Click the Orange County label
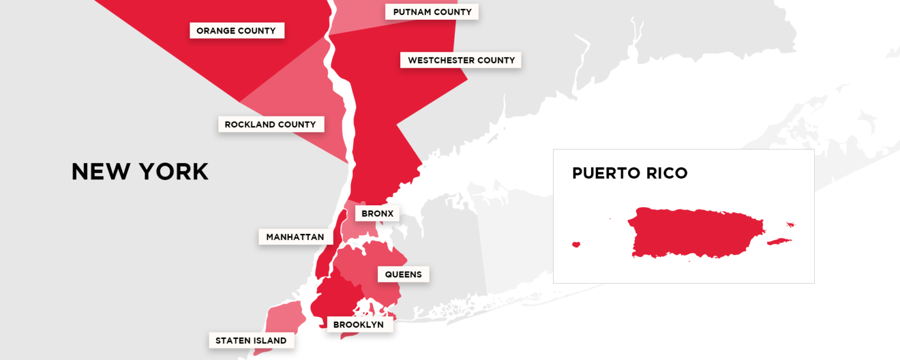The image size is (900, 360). (x=236, y=31)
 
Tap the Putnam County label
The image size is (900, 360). (x=432, y=12)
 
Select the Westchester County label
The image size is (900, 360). (x=461, y=60)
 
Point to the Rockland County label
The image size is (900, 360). (x=270, y=124)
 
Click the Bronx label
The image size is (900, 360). (x=377, y=213)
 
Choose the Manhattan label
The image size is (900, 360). (x=295, y=237)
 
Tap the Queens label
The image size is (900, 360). (x=403, y=275)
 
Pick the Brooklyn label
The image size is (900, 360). (x=358, y=325)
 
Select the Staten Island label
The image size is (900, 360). (x=251, y=341)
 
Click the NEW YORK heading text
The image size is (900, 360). (x=140, y=172)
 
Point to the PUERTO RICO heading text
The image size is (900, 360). (x=629, y=173)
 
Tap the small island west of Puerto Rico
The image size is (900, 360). (x=576, y=244)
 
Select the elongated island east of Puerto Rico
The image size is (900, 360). (x=779, y=242)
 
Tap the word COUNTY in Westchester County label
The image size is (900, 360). (x=496, y=60)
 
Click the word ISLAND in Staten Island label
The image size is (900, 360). (x=269, y=341)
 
